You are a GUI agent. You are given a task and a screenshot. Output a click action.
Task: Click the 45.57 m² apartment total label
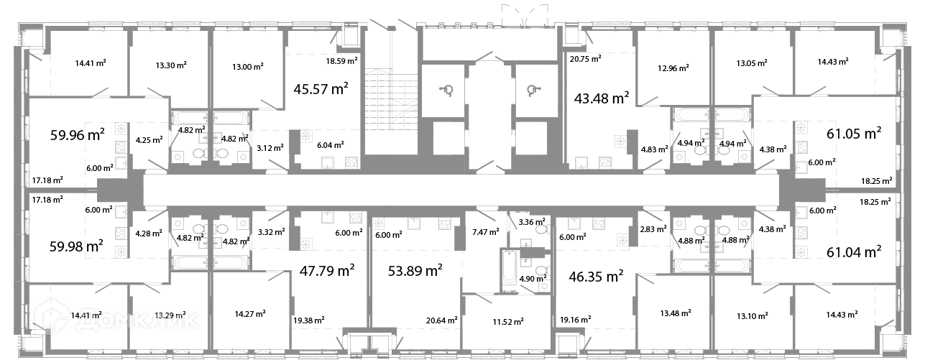tap(321, 89)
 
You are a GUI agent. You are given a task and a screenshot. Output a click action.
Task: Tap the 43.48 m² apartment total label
tap(602, 98)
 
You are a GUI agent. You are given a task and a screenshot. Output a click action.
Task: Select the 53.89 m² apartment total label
tap(415, 270)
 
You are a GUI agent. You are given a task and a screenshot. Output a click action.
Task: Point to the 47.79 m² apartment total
tap(327, 270)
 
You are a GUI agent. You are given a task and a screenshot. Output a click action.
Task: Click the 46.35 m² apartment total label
tap(597, 276)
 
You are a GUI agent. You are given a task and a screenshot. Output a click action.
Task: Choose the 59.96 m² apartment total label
tap(77, 134)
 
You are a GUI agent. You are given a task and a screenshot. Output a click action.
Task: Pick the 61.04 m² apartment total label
tap(854, 251)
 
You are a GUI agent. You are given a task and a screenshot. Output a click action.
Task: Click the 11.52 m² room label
tap(508, 322)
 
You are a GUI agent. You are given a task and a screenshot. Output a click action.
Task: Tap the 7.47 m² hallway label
tap(486, 232)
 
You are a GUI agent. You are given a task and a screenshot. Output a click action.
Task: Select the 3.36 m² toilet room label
tap(532, 222)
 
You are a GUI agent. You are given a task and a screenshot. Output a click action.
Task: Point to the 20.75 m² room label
tap(586, 59)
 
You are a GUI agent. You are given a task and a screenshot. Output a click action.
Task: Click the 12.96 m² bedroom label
tap(673, 68)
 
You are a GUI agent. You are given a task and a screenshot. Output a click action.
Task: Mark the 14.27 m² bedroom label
tap(250, 314)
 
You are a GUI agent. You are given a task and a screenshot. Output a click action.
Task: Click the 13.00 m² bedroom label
tap(248, 66)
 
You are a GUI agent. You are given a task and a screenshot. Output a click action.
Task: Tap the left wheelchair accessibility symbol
tap(446, 90)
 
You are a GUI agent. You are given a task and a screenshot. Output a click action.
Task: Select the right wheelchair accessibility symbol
tap(534, 90)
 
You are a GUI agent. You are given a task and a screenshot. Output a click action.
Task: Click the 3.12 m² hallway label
tap(270, 147)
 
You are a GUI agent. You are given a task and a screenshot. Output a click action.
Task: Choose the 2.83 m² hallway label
tap(653, 229)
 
